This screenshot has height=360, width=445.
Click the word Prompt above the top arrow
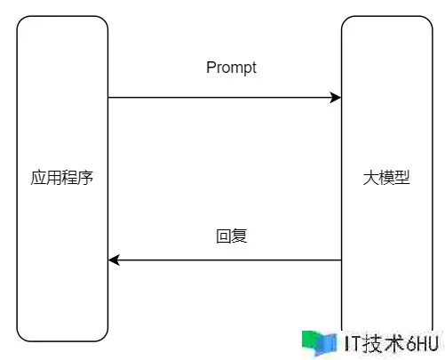231,68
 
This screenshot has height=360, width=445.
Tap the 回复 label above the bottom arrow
232,236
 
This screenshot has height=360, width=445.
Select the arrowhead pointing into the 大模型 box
336,97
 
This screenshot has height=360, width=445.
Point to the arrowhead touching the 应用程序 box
114,260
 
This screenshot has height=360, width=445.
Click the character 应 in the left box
38,178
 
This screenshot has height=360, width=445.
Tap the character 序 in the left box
85,178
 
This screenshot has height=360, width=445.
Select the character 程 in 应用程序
70,178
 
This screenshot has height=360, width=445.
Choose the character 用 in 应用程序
54,178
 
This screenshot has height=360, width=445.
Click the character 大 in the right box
370,178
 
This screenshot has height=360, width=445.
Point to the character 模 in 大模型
386,178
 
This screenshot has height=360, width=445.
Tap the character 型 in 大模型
402,178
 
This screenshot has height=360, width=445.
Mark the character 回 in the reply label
224,236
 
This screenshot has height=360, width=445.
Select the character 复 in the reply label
239,236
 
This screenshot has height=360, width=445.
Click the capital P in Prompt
211,67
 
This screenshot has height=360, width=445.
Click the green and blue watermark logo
320,343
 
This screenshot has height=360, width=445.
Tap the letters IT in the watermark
353,344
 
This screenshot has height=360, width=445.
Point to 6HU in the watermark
422,344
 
